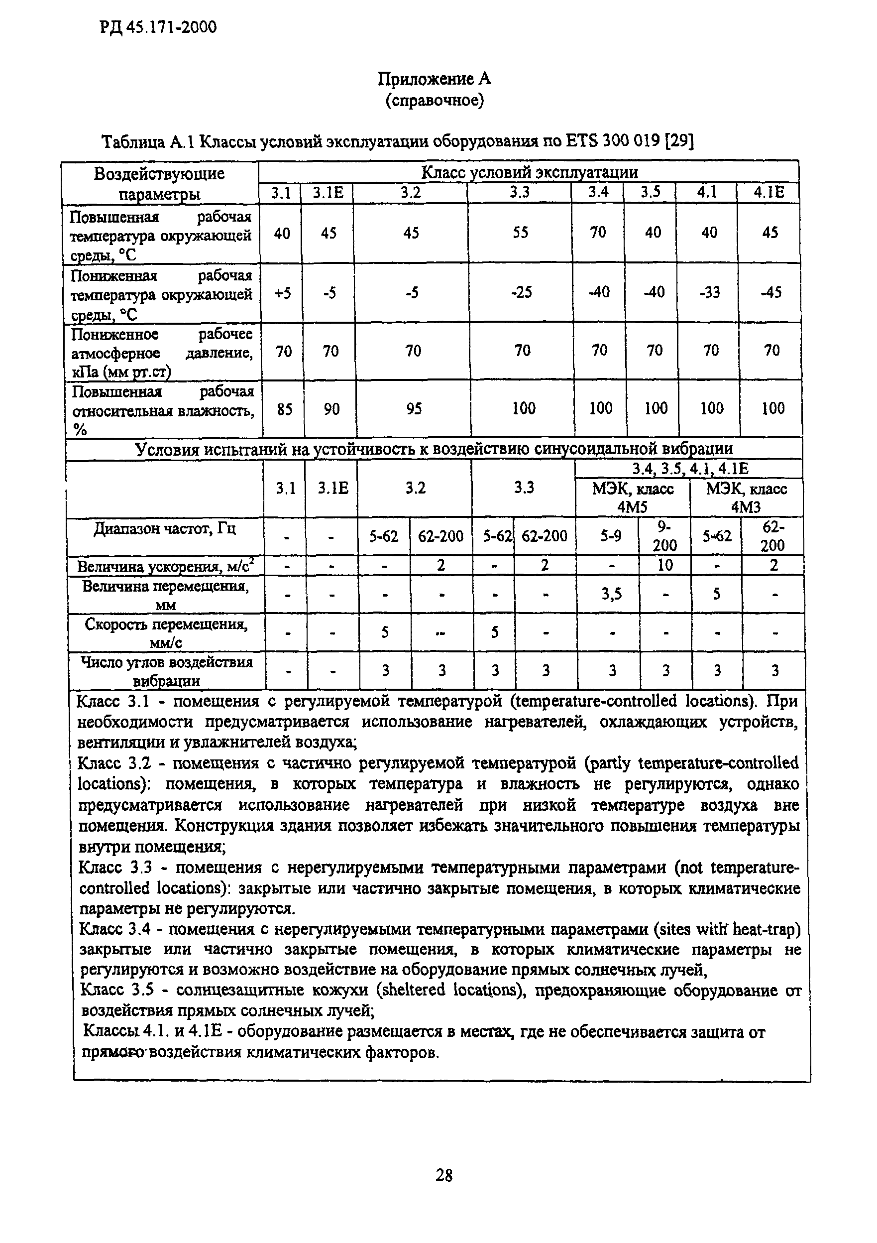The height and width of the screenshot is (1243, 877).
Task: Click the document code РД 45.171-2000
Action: [x=158, y=27]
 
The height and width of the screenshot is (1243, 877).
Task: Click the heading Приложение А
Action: [x=434, y=80]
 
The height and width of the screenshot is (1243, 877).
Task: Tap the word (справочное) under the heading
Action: [x=434, y=101]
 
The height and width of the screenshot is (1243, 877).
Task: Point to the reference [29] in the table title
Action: [x=679, y=142]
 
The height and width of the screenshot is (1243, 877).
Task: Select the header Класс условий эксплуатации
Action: [x=529, y=172]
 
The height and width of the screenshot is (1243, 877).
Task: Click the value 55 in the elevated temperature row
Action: [x=520, y=233]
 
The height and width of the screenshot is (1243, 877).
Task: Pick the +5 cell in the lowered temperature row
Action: [x=282, y=293]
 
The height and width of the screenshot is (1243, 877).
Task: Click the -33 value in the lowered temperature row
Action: [x=709, y=293]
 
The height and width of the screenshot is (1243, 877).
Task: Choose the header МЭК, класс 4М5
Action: [x=633, y=497]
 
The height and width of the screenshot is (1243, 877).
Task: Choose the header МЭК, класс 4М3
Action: [x=746, y=497]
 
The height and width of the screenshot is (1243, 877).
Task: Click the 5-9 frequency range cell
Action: [x=610, y=536]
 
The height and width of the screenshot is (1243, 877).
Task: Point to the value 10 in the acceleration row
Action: [x=665, y=565]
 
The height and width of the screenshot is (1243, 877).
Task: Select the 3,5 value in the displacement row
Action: [x=611, y=595]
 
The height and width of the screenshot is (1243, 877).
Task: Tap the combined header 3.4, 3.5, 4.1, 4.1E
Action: [x=690, y=469]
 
